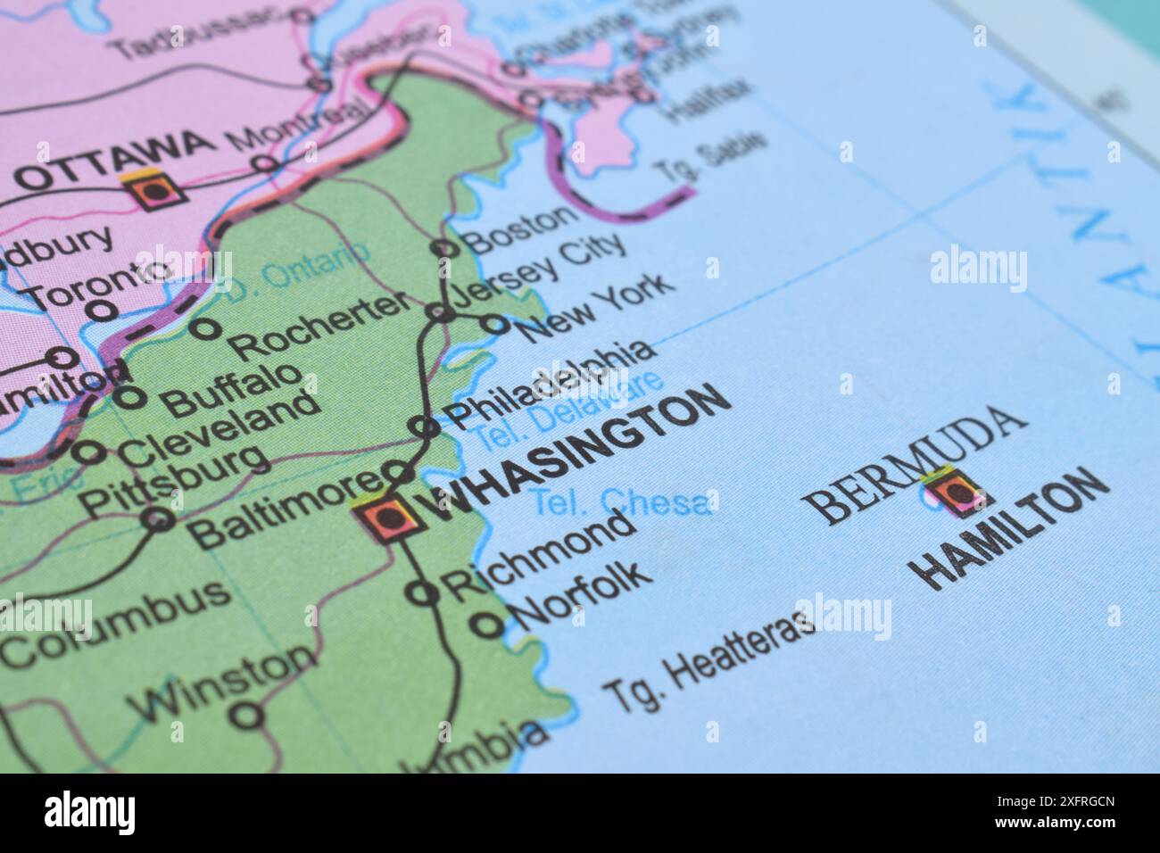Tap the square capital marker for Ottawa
pos(155,190)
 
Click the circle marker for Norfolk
pos(487,625)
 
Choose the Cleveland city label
pos(219,429)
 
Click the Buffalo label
pos(233,387)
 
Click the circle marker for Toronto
pos(104,310)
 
